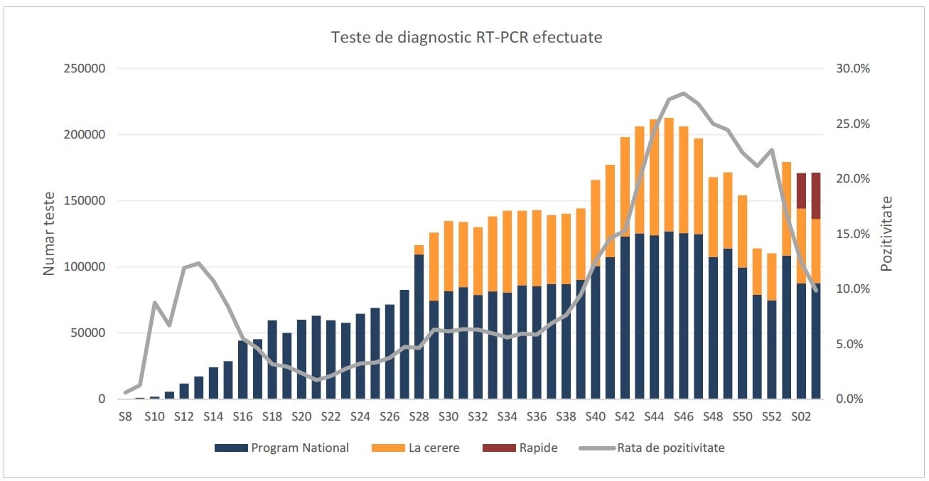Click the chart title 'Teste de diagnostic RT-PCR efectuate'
466,38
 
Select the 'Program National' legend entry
299,448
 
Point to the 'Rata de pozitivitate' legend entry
670,448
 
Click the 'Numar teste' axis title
49,234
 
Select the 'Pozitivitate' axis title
886,234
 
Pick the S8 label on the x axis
125,416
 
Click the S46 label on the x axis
683,416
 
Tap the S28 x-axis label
419,416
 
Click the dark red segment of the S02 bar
801,190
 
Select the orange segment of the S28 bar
419,249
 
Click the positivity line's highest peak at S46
683,93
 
